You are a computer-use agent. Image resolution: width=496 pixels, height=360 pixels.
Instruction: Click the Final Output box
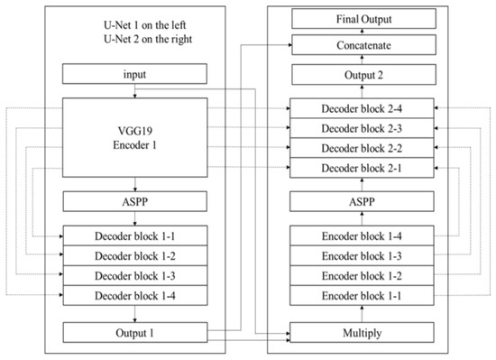tap(360, 17)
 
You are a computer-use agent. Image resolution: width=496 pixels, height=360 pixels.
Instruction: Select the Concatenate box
tap(360, 42)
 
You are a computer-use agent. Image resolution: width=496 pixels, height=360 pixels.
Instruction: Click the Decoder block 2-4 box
tap(360, 108)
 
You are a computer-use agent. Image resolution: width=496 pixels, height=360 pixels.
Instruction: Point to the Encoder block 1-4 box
tap(360, 237)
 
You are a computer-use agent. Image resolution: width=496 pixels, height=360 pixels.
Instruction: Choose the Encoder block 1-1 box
tap(360, 294)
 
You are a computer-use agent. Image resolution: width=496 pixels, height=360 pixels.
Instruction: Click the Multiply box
tap(360, 333)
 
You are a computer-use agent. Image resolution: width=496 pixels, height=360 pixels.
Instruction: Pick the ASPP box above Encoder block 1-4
tap(360, 201)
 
